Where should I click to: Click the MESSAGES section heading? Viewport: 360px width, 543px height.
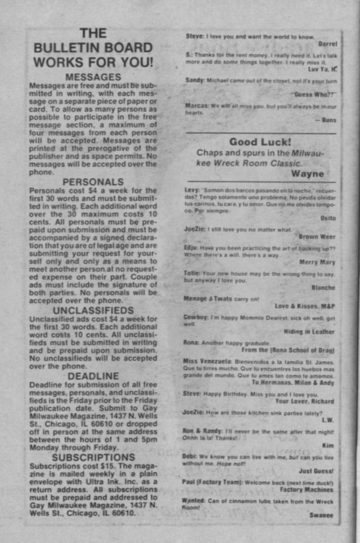[93, 77]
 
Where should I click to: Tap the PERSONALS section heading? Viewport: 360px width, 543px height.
[93, 182]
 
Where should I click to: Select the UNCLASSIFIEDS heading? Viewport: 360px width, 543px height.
[93, 310]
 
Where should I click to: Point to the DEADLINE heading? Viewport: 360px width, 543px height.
[93, 376]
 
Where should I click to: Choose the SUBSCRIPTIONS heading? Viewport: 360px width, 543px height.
[93, 457]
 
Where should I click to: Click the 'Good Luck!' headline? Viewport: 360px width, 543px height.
[260, 142]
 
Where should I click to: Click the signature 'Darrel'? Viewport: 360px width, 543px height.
[328, 44]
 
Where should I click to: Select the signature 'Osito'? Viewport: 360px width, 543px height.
[328, 219]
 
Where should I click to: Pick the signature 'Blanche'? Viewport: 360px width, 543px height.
[323, 287]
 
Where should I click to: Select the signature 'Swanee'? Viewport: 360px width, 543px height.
[321, 515]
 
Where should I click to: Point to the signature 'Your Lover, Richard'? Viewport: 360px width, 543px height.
[304, 401]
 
